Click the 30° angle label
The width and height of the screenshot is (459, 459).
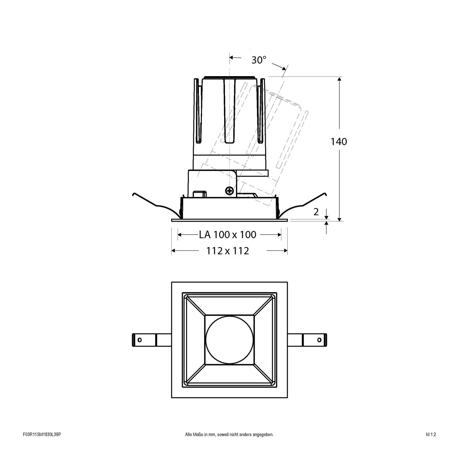[x=259, y=60]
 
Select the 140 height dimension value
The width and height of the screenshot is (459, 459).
[x=339, y=142]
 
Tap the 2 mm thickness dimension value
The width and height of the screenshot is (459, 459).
[x=316, y=212]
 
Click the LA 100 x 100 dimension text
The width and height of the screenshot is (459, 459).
[x=228, y=234]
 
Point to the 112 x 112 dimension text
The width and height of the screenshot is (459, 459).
[x=228, y=251]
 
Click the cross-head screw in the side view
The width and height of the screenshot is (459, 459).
[x=229, y=190]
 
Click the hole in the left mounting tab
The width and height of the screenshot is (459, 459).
[x=140, y=340]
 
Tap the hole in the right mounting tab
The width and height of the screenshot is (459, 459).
[x=319, y=340]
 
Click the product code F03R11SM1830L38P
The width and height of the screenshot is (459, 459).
[x=42, y=445]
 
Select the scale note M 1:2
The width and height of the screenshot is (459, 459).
[x=431, y=445]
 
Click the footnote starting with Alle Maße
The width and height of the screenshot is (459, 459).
[x=229, y=445]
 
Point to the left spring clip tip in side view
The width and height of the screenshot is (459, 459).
[x=133, y=194]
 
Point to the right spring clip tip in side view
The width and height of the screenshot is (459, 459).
[x=326, y=194]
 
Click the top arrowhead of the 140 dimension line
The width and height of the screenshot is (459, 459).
[x=339, y=79]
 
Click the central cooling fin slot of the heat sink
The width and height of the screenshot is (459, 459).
[x=229, y=111]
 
